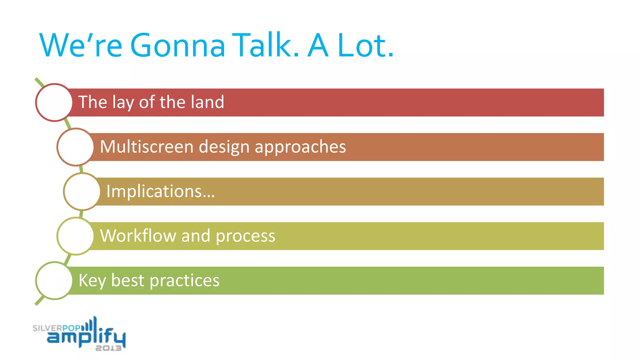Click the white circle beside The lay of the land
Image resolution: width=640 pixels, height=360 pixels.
point(54,102)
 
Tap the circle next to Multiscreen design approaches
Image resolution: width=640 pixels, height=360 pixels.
point(76,147)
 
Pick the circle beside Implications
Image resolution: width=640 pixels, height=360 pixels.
point(82,192)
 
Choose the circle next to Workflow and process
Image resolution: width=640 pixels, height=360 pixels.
point(76,236)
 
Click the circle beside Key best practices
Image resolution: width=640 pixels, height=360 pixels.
point(54,281)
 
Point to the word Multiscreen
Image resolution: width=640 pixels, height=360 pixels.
point(147,147)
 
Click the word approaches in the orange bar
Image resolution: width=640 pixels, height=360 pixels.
point(300,147)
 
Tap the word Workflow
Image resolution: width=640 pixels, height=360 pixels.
point(138,236)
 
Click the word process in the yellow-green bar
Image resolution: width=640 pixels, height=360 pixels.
point(245,236)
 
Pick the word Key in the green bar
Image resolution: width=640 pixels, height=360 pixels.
point(92,281)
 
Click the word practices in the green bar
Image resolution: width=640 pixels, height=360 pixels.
point(184,281)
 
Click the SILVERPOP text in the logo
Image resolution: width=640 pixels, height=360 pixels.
point(56,328)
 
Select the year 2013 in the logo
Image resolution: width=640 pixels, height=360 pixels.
point(108,348)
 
